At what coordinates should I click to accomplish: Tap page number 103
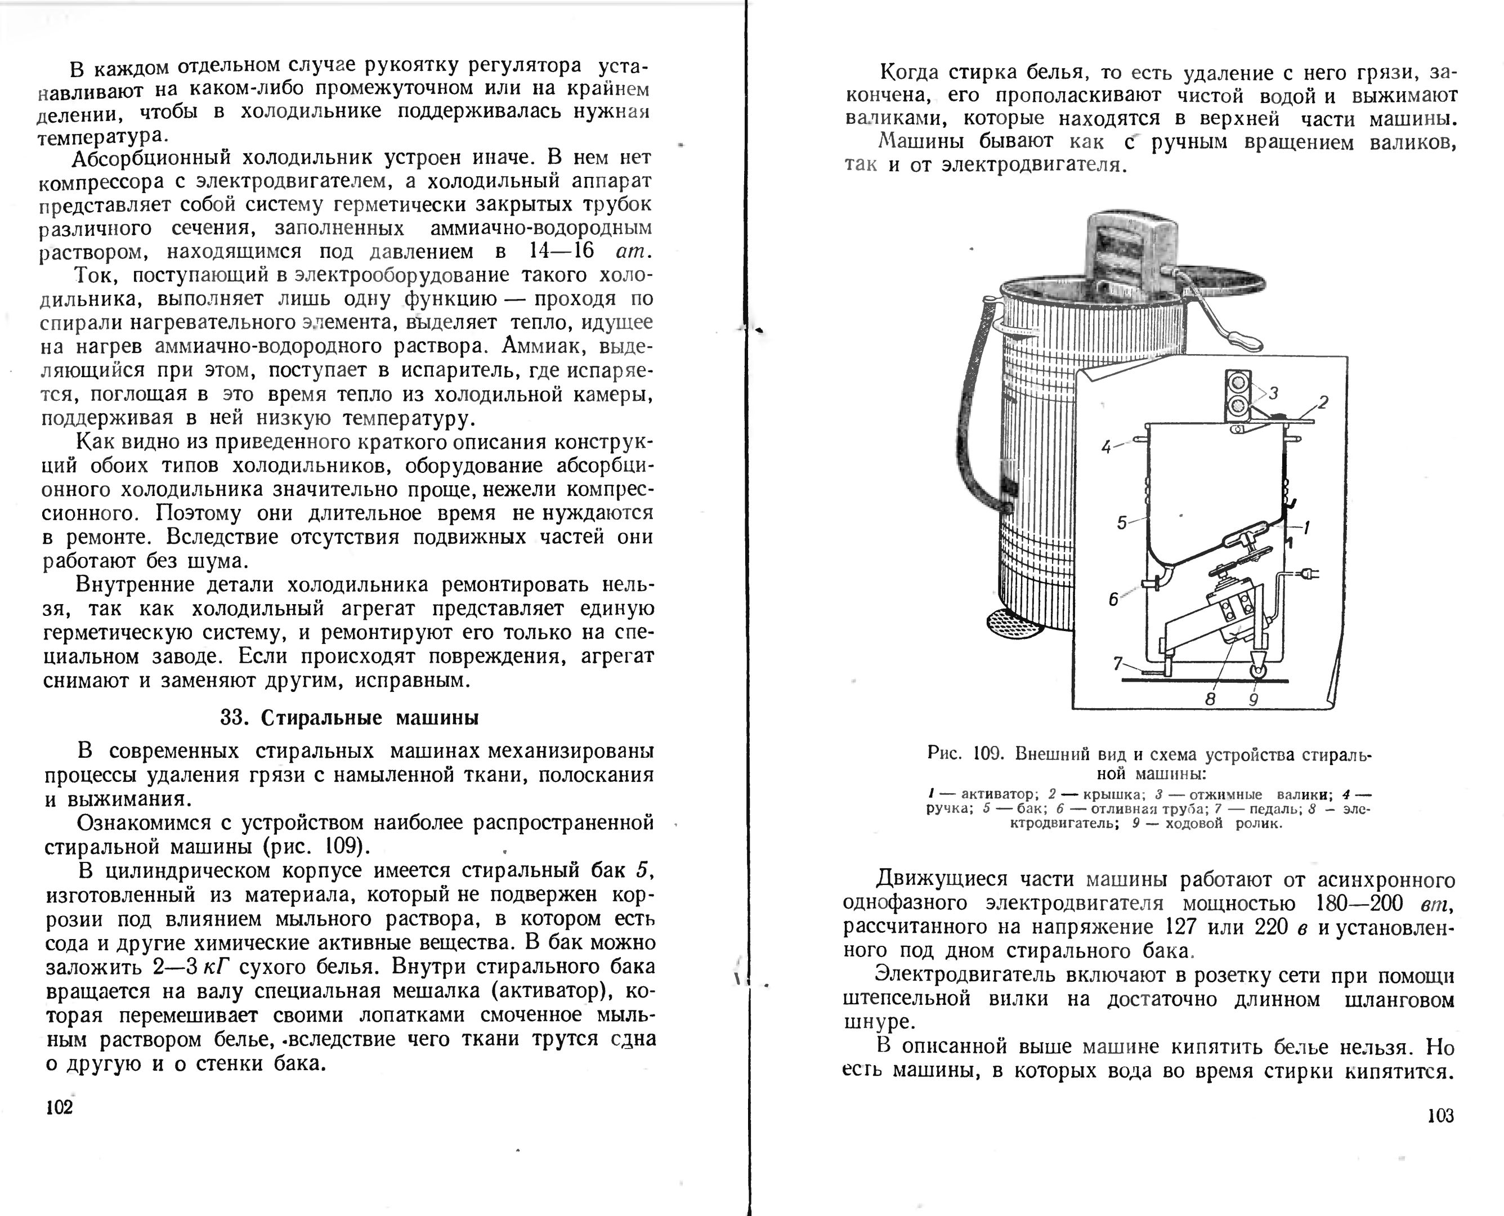(x=1440, y=1116)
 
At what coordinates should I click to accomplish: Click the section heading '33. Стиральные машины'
(x=350, y=718)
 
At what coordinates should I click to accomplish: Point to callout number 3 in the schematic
(x=1274, y=393)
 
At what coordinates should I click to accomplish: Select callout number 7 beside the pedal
(x=1118, y=663)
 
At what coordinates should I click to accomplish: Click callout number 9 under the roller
(x=1254, y=699)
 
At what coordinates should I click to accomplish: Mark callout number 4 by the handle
(x=1106, y=447)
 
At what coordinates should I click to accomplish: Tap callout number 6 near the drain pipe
(x=1113, y=599)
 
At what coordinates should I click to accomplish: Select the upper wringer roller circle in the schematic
(x=1239, y=382)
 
